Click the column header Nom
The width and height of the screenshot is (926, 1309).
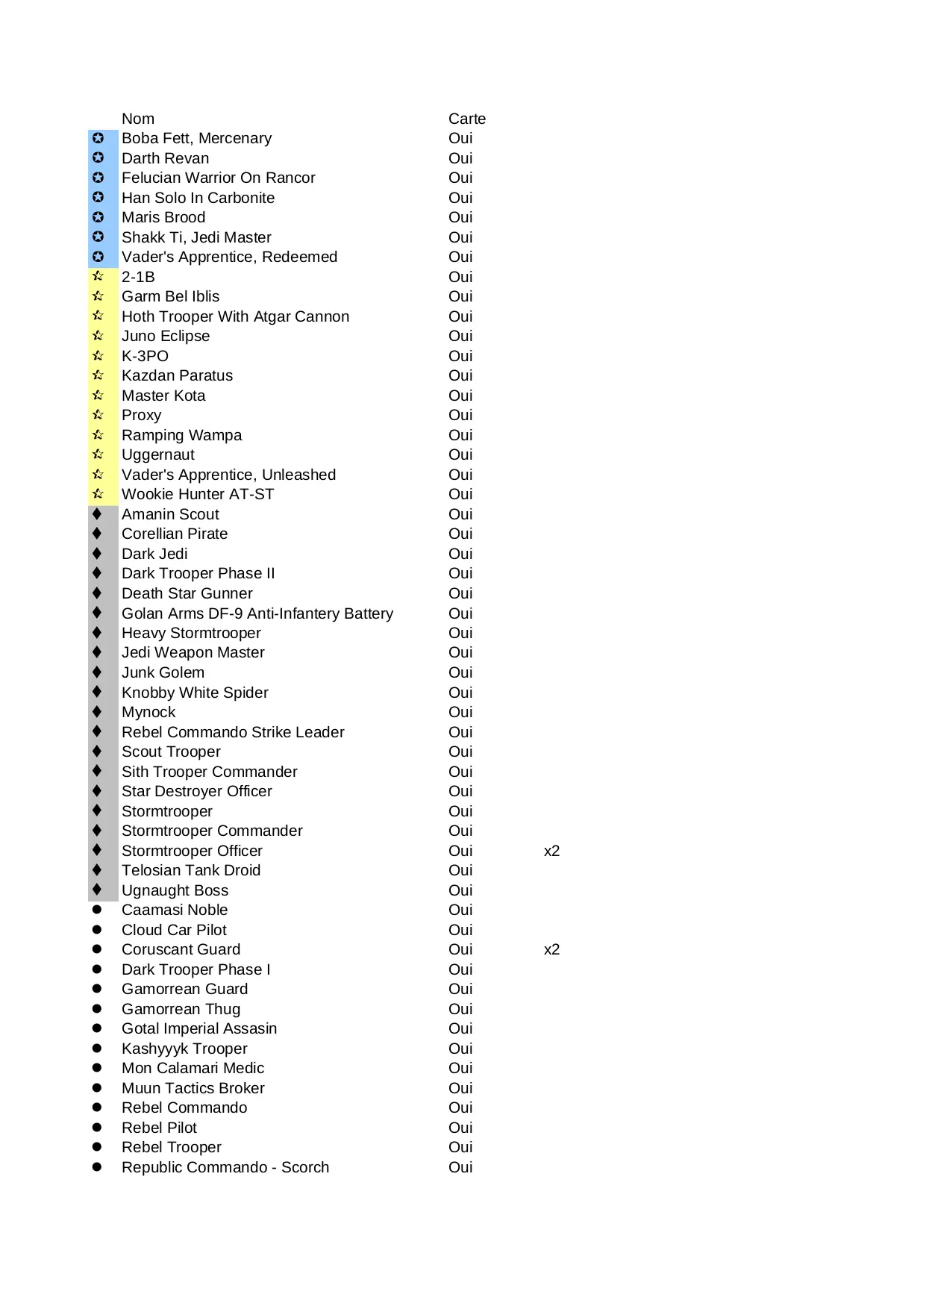click(x=138, y=119)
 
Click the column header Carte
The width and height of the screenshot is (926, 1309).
click(x=466, y=119)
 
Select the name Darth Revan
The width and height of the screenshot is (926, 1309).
click(x=165, y=158)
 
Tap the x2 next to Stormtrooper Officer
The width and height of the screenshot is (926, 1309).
click(x=551, y=851)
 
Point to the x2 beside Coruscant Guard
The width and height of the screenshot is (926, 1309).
click(x=551, y=949)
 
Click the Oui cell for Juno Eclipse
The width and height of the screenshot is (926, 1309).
click(x=460, y=336)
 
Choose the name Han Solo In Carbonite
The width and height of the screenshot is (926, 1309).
click(x=198, y=198)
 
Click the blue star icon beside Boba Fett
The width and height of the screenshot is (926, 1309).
click(x=98, y=138)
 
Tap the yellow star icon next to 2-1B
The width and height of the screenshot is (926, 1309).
click(x=98, y=276)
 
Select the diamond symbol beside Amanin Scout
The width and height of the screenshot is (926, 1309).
click(x=97, y=513)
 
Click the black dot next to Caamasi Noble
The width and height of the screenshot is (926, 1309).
click(x=97, y=910)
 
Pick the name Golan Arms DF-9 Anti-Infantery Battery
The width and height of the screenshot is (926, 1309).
click(x=257, y=613)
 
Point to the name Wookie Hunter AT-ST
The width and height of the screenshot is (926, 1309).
click(x=198, y=494)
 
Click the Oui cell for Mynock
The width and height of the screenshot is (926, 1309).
click(x=460, y=712)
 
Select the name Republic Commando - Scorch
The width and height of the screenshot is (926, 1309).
click(x=225, y=1167)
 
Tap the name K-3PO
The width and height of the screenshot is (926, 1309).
click(x=145, y=356)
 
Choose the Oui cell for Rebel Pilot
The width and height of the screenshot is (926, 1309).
click(x=460, y=1128)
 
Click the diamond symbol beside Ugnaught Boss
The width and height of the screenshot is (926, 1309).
click(x=97, y=890)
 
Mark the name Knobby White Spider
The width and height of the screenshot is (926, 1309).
click(x=195, y=693)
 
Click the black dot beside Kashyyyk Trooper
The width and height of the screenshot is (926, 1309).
click(x=97, y=1049)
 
